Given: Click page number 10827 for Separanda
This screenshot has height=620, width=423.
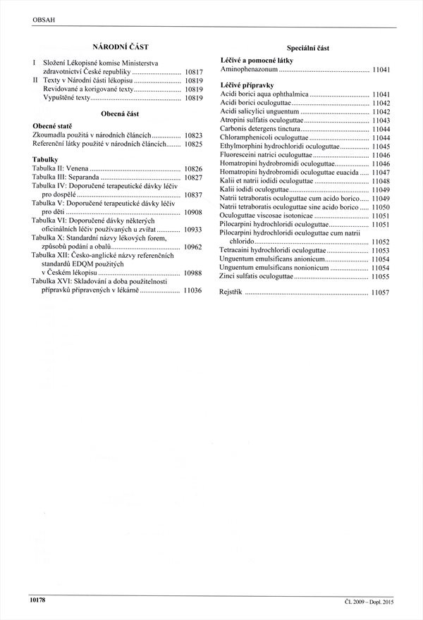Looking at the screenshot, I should pos(193,178).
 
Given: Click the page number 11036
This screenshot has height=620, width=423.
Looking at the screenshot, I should pos(193,290).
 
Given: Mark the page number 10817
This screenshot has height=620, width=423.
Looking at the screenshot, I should pos(193,72).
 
